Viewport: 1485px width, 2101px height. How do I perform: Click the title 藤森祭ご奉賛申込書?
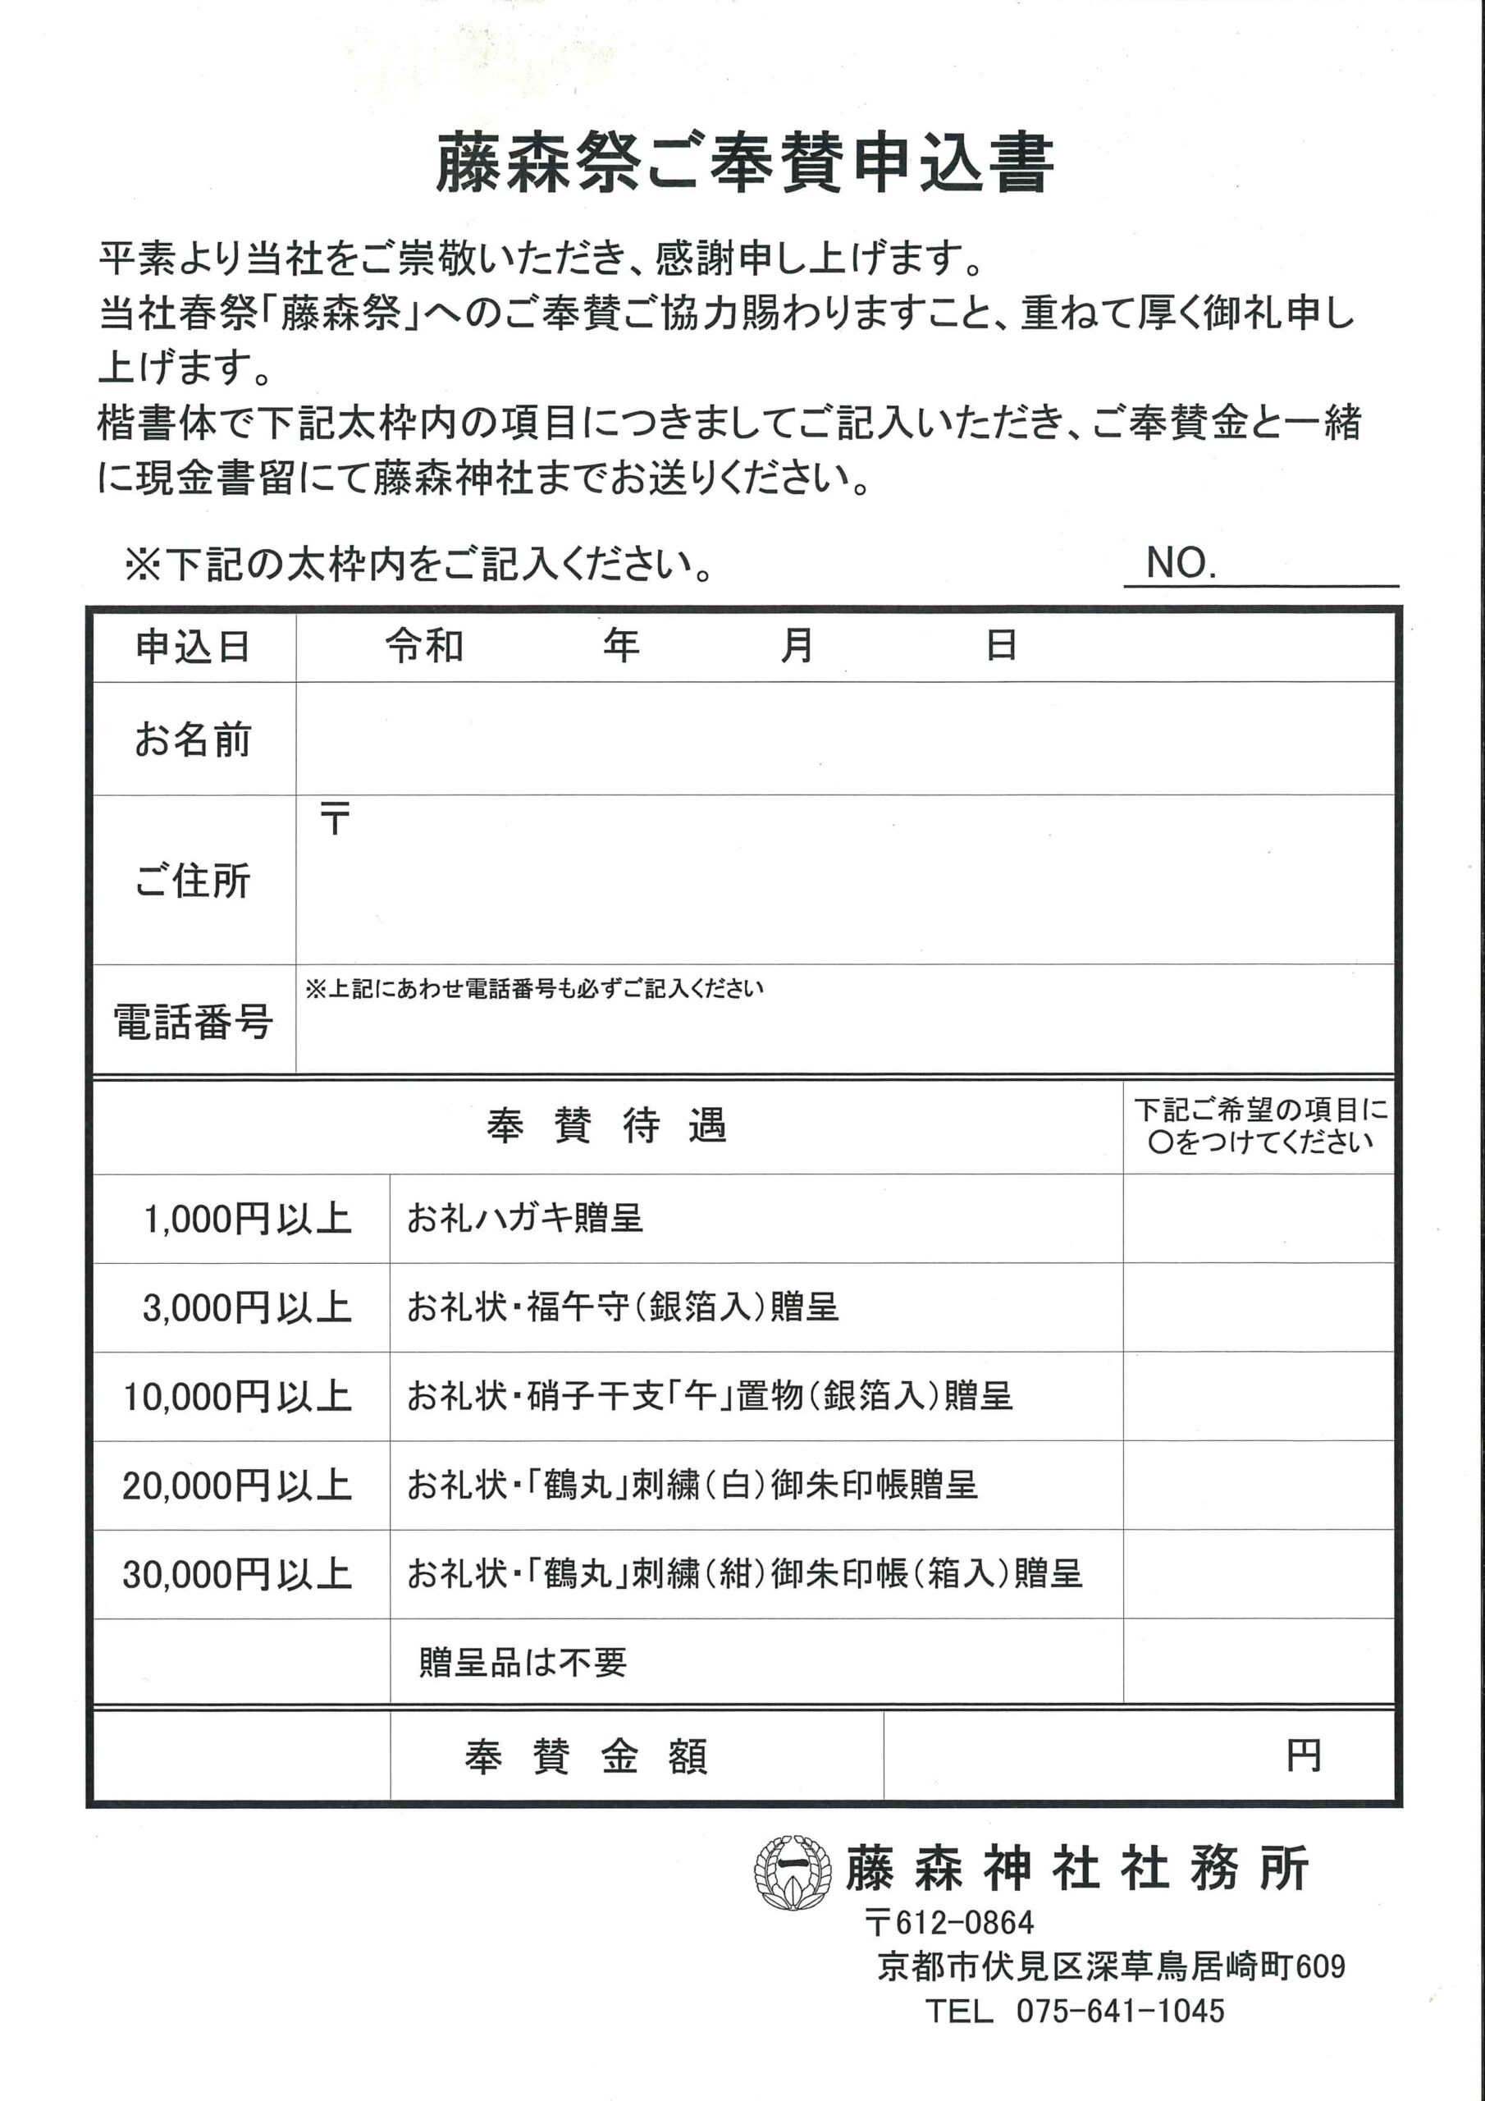744,165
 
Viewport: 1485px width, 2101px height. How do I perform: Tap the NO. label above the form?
1181,563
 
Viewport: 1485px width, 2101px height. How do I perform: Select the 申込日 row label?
193,647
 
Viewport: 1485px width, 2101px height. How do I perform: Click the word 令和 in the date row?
424,646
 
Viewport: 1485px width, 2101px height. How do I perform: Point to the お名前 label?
193,739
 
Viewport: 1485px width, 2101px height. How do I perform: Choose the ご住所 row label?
193,881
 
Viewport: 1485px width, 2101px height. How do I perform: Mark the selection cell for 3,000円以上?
1258,1307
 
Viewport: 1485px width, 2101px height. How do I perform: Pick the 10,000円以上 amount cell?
237,1396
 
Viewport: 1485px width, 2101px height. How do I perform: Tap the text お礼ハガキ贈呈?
525,1219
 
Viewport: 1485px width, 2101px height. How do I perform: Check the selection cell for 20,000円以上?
1258,1485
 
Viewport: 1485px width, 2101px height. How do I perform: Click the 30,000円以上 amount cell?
237,1574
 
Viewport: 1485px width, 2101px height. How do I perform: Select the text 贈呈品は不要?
523,1662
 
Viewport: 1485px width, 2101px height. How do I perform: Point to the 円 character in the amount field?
1303,1755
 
